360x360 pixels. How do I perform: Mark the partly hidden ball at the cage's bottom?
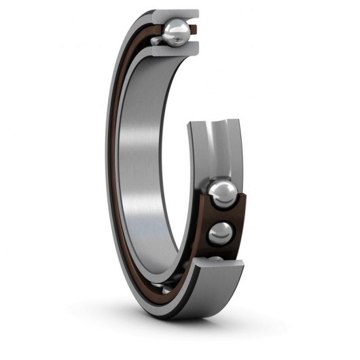click(x=217, y=260)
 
